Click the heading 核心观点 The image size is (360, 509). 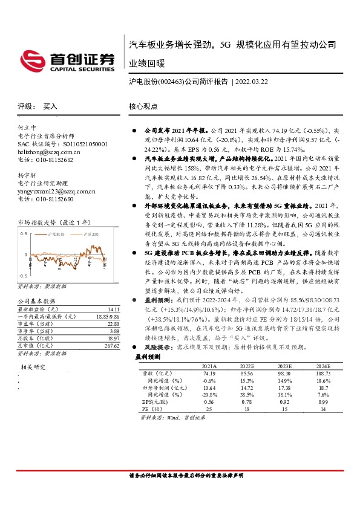click(x=143, y=106)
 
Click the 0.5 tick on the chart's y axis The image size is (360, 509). click(x=25, y=233)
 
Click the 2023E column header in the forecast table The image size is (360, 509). click(x=286, y=366)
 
